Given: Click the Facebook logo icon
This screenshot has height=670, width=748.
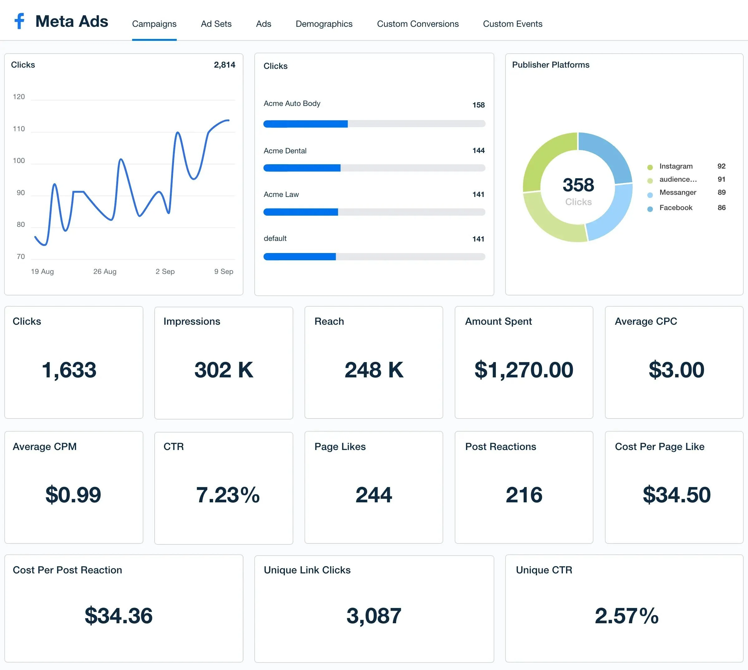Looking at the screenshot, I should (19, 22).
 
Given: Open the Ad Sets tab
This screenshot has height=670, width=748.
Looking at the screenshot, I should (216, 24).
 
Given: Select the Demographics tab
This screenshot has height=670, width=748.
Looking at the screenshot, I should (324, 24).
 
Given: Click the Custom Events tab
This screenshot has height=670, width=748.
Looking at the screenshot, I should (512, 24).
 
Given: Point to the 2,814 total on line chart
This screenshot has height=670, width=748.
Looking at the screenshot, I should (224, 65).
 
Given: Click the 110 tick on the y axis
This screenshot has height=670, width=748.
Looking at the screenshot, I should (19, 129).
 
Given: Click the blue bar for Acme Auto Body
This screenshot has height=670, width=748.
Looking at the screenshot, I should (305, 124).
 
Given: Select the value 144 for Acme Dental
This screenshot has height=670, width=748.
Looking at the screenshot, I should (478, 151).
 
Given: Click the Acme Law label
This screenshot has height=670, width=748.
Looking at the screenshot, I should (281, 194).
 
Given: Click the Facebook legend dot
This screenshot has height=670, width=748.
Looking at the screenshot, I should (650, 209).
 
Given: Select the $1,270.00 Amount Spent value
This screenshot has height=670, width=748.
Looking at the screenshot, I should (524, 370).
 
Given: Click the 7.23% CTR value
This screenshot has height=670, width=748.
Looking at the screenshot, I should (228, 495).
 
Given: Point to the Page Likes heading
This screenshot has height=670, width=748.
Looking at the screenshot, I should (340, 447).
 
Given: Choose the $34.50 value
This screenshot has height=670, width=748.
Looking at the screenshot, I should (676, 495).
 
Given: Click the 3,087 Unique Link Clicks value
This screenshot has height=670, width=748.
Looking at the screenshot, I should (374, 616).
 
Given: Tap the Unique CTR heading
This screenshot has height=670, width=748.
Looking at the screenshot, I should (544, 570).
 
